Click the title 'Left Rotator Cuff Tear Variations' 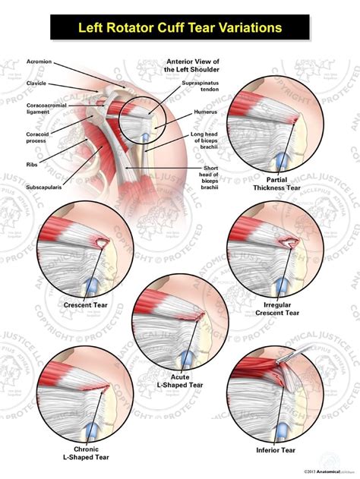coord(181,28)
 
